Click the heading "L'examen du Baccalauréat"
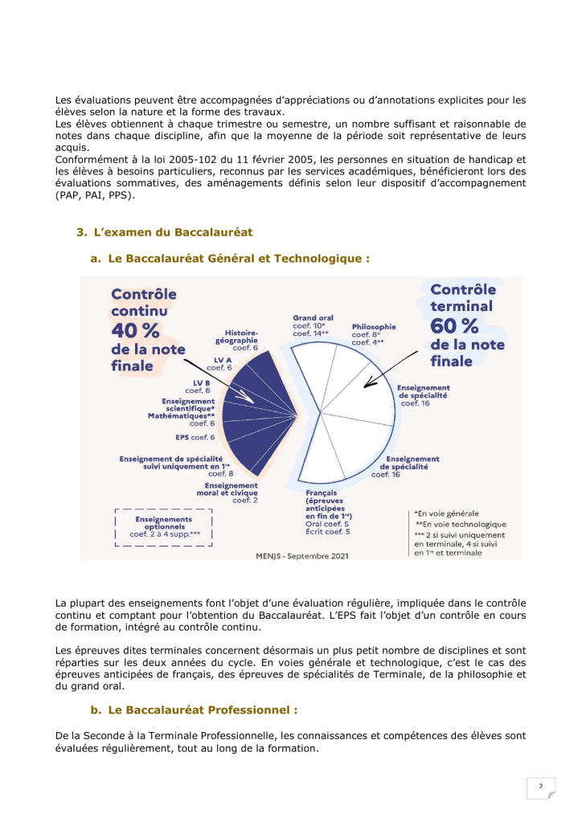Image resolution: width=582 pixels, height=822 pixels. coord(173,232)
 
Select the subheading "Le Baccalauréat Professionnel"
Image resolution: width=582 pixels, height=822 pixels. coord(203,710)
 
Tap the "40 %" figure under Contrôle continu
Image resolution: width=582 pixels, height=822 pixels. coord(135,330)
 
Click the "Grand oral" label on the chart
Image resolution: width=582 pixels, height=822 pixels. coord(314,318)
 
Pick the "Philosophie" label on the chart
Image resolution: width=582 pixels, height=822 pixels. coord(374,327)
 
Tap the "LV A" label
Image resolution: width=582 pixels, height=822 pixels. coord(223,360)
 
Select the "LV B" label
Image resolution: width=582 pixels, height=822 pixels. coord(202,382)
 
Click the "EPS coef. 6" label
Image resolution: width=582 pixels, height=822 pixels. coord(195,437)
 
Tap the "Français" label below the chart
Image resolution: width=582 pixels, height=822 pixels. coord(321,492)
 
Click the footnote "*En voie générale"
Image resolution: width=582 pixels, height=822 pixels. coord(446,513)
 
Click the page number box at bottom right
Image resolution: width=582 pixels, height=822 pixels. coord(542,786)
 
